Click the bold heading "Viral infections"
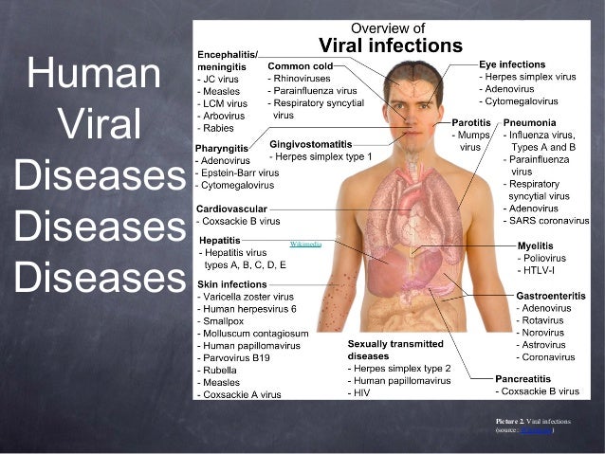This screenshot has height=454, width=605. click(390, 45)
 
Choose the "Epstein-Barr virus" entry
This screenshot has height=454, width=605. click(240, 173)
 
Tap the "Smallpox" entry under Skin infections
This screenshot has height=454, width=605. click(226, 320)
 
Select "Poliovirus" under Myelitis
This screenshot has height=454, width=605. click(546, 258)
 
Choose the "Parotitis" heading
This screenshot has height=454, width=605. click(470, 123)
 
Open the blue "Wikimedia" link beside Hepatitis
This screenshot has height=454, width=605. click(305, 244)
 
